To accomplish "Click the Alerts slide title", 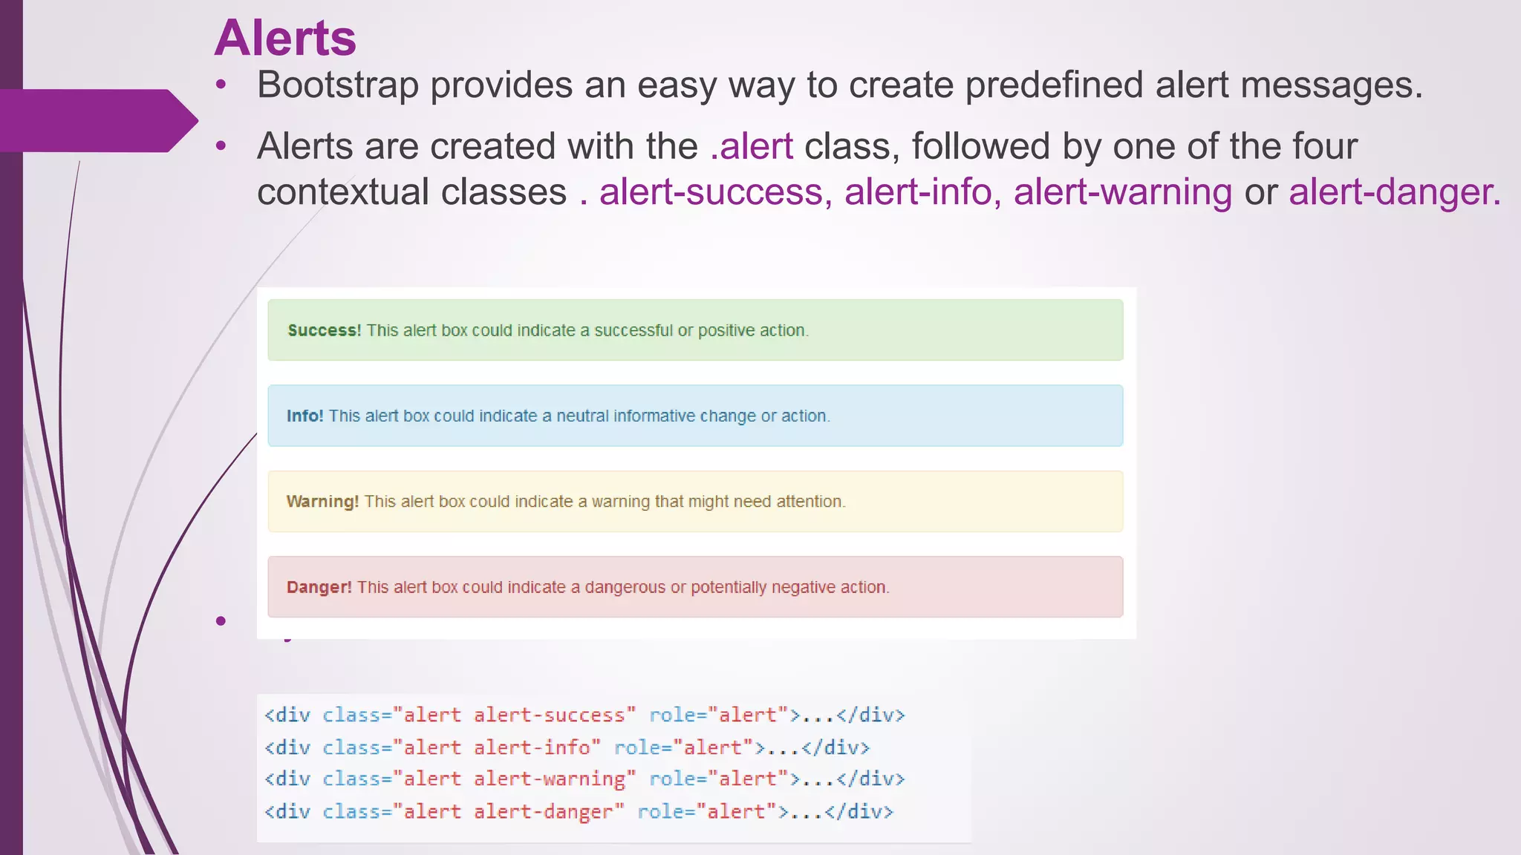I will pos(285,38).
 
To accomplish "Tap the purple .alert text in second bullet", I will pos(752,146).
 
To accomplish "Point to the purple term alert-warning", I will pos(1122,192).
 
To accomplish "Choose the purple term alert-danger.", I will pos(1394,192).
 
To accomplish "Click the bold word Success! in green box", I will pos(324,331).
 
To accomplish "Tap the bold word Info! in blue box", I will pos(304,416).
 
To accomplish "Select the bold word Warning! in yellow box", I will pos(322,502).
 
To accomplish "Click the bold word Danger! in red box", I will pos(319,587).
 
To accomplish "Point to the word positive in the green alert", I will pos(724,331).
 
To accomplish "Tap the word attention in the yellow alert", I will pos(810,502).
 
